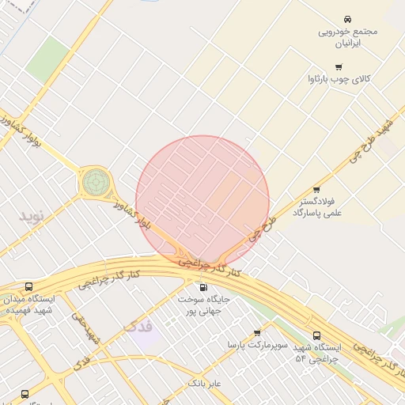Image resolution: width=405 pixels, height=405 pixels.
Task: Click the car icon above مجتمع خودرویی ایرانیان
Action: click(348, 17)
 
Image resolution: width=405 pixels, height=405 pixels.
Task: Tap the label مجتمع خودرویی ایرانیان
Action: click(348, 37)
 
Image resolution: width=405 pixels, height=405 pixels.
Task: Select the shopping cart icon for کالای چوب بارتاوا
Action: click(339, 67)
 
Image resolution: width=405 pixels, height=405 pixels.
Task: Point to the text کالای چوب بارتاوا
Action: click(339, 80)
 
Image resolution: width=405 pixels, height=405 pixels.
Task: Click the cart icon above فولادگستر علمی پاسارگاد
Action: click(316, 190)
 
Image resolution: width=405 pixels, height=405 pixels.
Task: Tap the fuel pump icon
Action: click(203, 288)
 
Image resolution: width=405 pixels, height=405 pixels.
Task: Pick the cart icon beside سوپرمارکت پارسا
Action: click(256, 333)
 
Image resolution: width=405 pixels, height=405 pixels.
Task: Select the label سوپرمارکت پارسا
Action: click(254, 346)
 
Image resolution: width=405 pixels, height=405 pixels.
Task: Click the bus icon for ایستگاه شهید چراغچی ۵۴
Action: click(316, 335)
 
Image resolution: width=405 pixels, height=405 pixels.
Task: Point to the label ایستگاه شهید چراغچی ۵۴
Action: click(316, 353)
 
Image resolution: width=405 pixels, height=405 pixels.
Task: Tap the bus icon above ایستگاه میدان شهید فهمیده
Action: click(28, 287)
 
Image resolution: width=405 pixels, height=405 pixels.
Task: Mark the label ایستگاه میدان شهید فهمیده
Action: click(29, 305)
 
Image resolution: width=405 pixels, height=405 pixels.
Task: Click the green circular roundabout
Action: click(95, 183)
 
